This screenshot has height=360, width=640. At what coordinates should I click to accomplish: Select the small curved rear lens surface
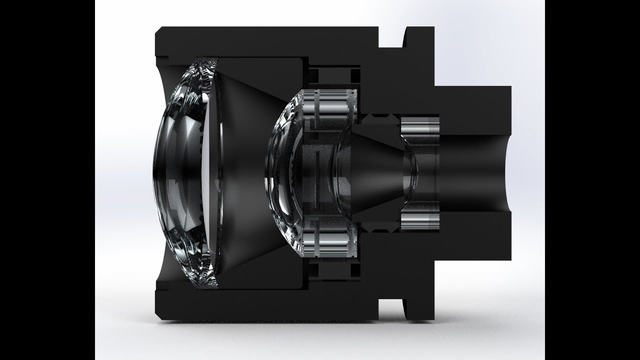(411, 172)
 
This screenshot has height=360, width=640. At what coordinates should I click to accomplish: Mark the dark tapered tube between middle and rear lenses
(375, 172)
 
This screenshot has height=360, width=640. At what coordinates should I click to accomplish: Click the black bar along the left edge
(47, 180)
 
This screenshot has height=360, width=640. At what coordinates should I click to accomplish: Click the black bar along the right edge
(592, 180)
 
